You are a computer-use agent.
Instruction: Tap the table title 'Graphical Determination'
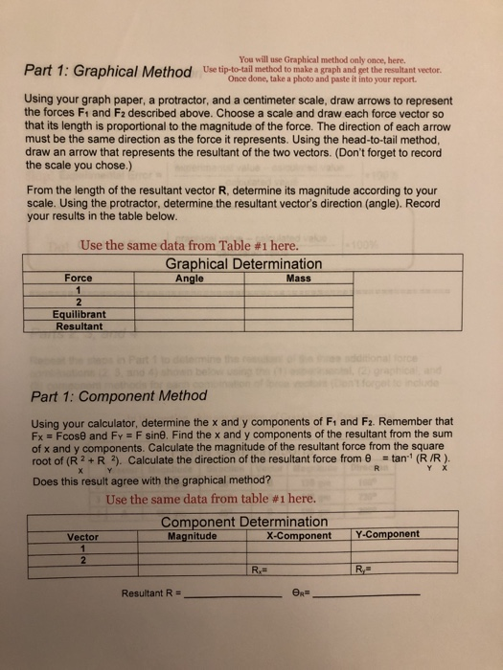244,263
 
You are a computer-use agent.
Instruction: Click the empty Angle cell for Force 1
196,291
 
